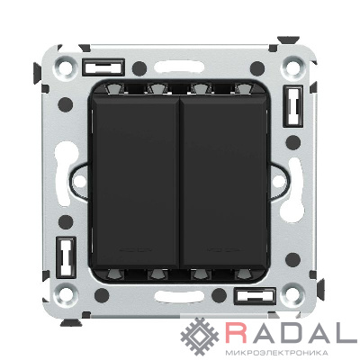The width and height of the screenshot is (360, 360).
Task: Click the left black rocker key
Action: pyautogui.click(x=135, y=183)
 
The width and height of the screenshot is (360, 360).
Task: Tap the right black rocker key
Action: pyautogui.click(x=224, y=183)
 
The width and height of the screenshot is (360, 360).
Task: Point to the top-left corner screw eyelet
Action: pyautogui.click(x=65, y=67)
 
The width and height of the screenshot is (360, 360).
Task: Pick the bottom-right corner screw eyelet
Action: pyautogui.click(x=292, y=293)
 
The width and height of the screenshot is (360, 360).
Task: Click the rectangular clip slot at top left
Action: pyautogui.click(x=103, y=67)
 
